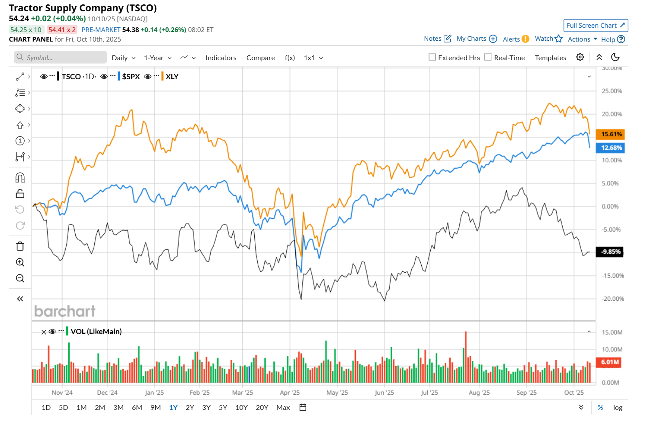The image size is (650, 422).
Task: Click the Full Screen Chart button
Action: [x=596, y=26]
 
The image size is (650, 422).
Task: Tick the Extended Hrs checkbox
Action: [x=432, y=57]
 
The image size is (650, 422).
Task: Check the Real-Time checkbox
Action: [x=488, y=57]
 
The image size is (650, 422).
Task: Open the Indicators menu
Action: [x=221, y=58]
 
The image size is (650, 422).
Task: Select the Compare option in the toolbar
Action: [x=260, y=58]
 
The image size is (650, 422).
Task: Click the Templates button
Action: [x=550, y=58]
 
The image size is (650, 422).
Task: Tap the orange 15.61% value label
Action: [x=610, y=134]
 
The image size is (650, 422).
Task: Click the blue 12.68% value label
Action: [x=610, y=148]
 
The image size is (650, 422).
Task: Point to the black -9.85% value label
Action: [x=610, y=251]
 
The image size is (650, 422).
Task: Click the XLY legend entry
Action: [x=172, y=77]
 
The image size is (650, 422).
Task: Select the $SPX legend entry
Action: [x=131, y=77]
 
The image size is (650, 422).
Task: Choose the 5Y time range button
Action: [x=223, y=407]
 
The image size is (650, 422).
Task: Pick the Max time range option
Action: [x=283, y=407]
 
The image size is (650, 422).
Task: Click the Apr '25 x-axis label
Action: [x=290, y=393]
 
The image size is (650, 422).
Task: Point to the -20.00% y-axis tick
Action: [x=612, y=299]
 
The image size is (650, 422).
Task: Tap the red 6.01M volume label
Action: [x=609, y=362]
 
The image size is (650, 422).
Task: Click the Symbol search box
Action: [x=61, y=58]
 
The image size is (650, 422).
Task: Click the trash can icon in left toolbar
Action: [x=20, y=246]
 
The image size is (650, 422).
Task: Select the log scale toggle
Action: [x=618, y=407]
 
